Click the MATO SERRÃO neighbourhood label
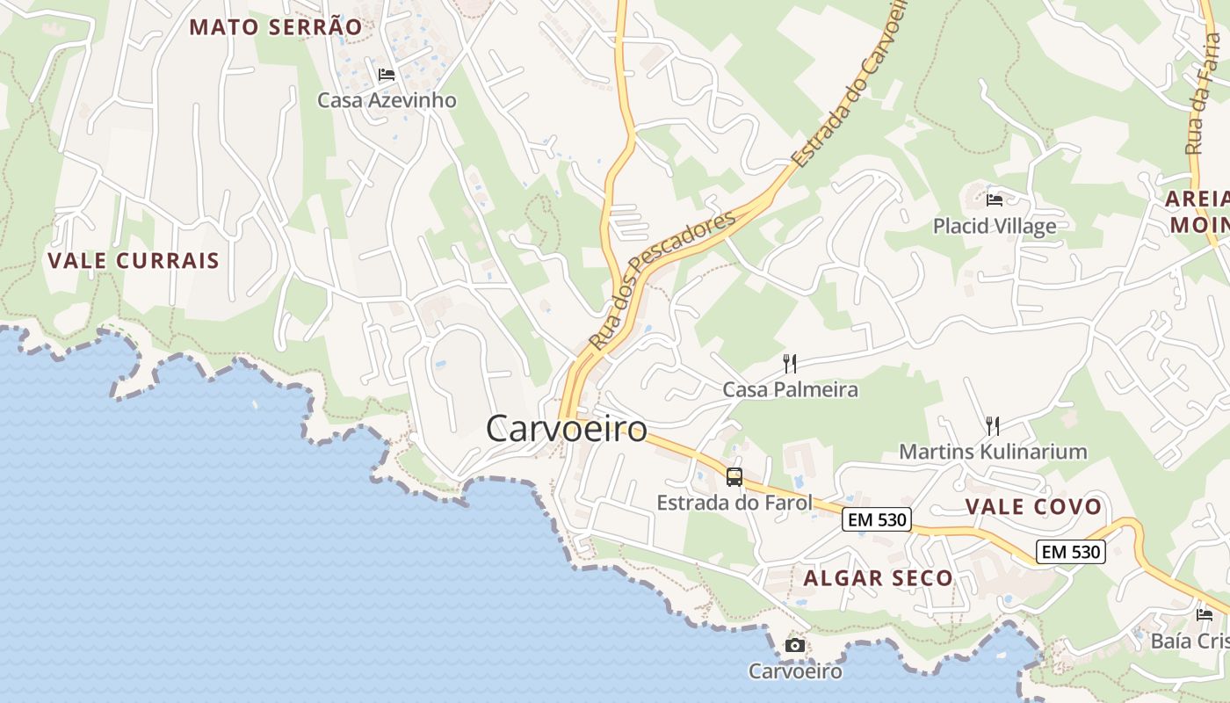pos(275,26)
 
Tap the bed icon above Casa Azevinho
pos(386,75)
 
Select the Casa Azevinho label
pos(387,100)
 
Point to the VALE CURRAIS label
pos(134,261)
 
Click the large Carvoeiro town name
pos(567,429)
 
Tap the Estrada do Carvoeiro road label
pos(850,88)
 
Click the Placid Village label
pos(995,227)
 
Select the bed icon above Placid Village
pos(995,200)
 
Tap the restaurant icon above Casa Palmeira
pos(790,363)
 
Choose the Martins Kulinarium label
pos(993,453)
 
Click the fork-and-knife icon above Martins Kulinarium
pos(993,426)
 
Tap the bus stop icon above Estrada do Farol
pos(734,477)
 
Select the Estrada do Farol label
pos(734,504)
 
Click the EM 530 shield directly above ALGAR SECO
pos(876,519)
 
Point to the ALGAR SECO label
pos(878,578)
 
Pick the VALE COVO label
pos(1033,507)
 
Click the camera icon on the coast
pos(794,646)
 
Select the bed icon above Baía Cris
pos(1205,615)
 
